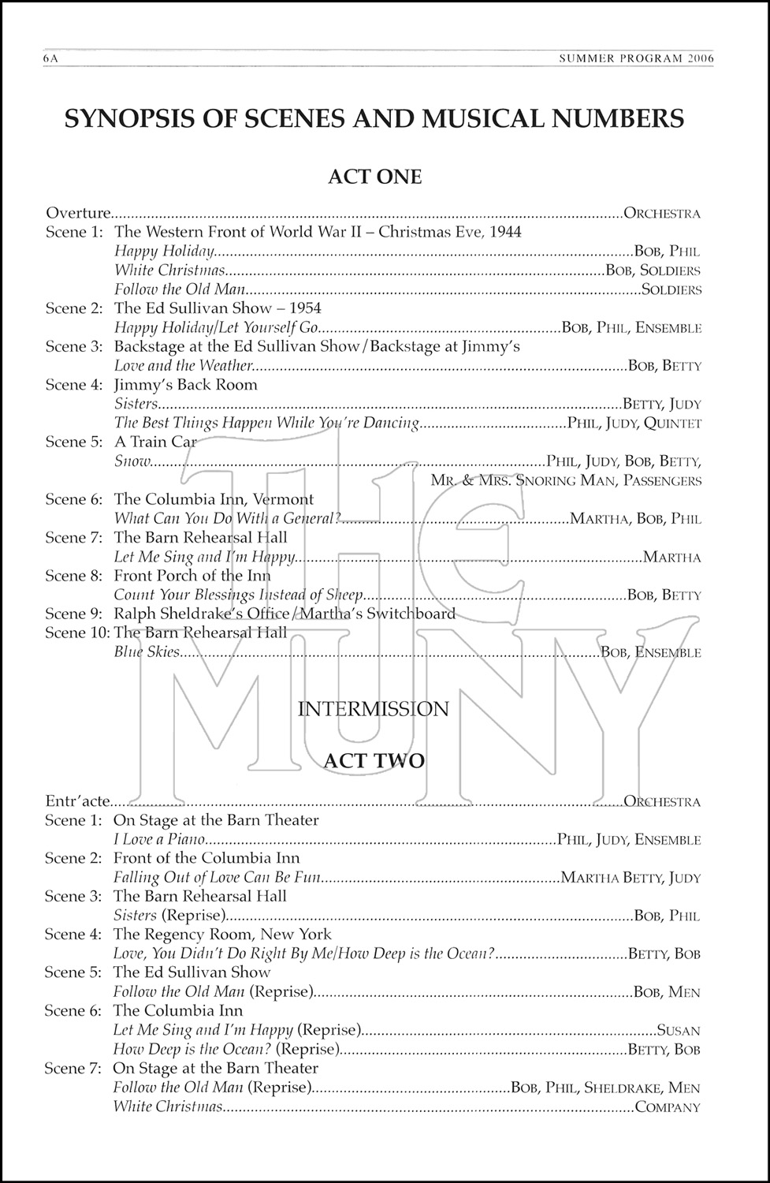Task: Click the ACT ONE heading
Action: click(374, 176)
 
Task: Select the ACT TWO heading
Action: click(374, 760)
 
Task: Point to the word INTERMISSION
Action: click(373, 708)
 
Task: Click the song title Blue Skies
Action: click(147, 652)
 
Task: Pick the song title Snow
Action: click(132, 461)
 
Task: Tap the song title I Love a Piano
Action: click(159, 840)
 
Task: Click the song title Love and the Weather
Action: click(183, 365)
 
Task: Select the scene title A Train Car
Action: click(155, 442)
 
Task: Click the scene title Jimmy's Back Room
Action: click(186, 385)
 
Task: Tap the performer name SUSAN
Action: click(679, 1030)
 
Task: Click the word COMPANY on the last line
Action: click(667, 1107)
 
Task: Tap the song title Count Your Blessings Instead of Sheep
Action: click(239, 595)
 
